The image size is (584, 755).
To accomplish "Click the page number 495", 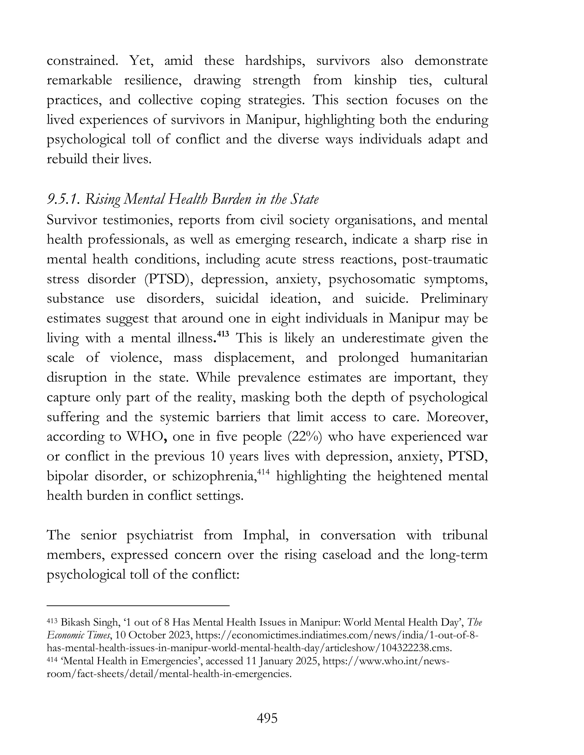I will (x=267, y=718).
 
